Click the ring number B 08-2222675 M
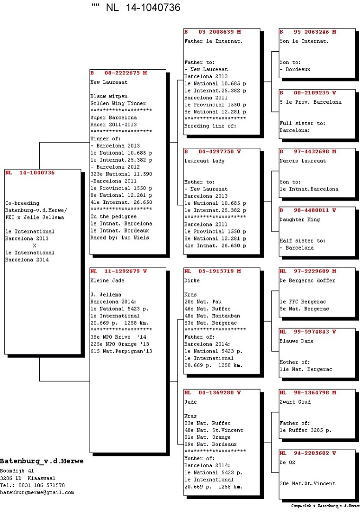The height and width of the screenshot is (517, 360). coord(119,73)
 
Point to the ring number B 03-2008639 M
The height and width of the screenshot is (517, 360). coord(213,32)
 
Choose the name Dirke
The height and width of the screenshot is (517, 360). coord(192,281)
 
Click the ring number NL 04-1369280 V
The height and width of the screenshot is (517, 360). coord(213,393)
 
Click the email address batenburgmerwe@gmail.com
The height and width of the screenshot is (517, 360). coord(37,492)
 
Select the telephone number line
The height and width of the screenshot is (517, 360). coord(32,485)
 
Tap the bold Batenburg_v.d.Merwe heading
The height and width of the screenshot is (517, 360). coord(38,461)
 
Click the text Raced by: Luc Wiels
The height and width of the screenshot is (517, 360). coord(119,237)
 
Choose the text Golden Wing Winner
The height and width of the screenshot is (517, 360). coord(118,103)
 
